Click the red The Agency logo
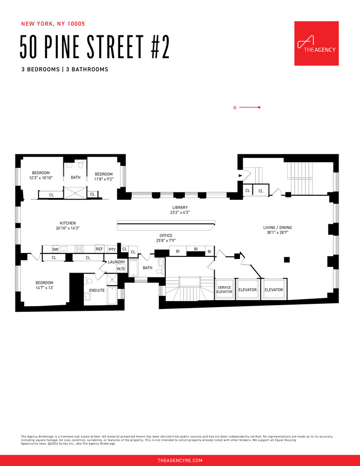pyautogui.click(x=316, y=43)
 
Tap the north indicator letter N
pyautogui.click(x=235, y=108)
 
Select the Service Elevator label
pyautogui.click(x=224, y=289)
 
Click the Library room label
pyautogui.click(x=180, y=210)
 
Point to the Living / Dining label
pyautogui.click(x=278, y=230)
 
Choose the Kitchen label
pyautogui.click(x=68, y=226)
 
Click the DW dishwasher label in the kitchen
pyautogui.click(x=55, y=249)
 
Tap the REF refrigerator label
pyautogui.click(x=99, y=249)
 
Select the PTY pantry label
pyautogui.click(x=112, y=249)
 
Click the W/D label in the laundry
pyautogui.click(x=121, y=269)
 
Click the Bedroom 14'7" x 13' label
pyautogui.click(x=44, y=285)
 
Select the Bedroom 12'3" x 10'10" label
pyautogui.click(x=41, y=175)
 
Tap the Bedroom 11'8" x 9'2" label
pyautogui.click(x=103, y=176)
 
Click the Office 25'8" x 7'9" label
pyautogui.click(x=166, y=238)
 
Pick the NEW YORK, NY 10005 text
pyautogui.click(x=53, y=23)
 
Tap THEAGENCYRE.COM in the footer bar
pyautogui.click(x=180, y=460)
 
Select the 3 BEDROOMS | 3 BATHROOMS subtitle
pyautogui.click(x=64, y=69)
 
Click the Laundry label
pyautogui.click(x=116, y=262)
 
